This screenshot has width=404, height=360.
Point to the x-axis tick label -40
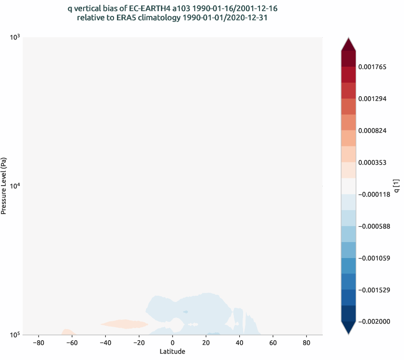(105, 343)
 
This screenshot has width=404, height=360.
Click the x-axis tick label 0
(173, 343)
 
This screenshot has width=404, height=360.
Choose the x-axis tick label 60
(273, 343)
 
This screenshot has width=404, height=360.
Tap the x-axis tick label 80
(306, 343)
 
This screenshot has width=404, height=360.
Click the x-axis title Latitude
(173, 352)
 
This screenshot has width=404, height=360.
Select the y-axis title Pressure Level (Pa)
(4, 186)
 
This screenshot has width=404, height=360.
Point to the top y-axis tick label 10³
(15, 37)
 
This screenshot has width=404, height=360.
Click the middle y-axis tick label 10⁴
(15, 186)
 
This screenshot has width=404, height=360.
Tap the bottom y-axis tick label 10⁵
(15, 334)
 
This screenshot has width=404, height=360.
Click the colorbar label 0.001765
(372, 67)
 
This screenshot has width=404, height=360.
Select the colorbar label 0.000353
(372, 162)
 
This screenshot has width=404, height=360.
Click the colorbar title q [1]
(396, 186)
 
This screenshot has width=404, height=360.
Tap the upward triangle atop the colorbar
(348, 44)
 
